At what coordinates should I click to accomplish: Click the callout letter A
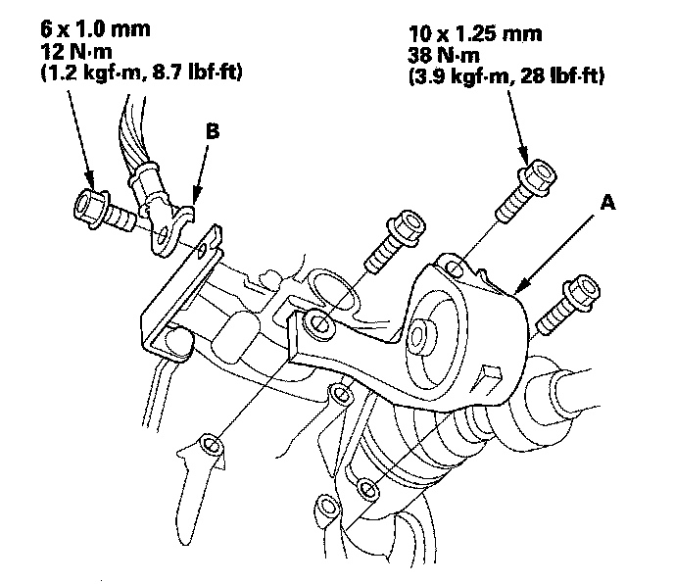tap(607, 202)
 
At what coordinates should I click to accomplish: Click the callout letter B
tap(213, 131)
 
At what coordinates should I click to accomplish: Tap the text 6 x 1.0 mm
tap(95, 28)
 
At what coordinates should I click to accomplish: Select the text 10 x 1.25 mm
tap(474, 33)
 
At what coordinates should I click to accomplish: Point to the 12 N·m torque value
tap(76, 52)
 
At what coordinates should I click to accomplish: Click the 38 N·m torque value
tap(444, 56)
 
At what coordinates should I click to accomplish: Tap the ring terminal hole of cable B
tap(164, 234)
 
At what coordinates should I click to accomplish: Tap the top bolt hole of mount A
tap(455, 268)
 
